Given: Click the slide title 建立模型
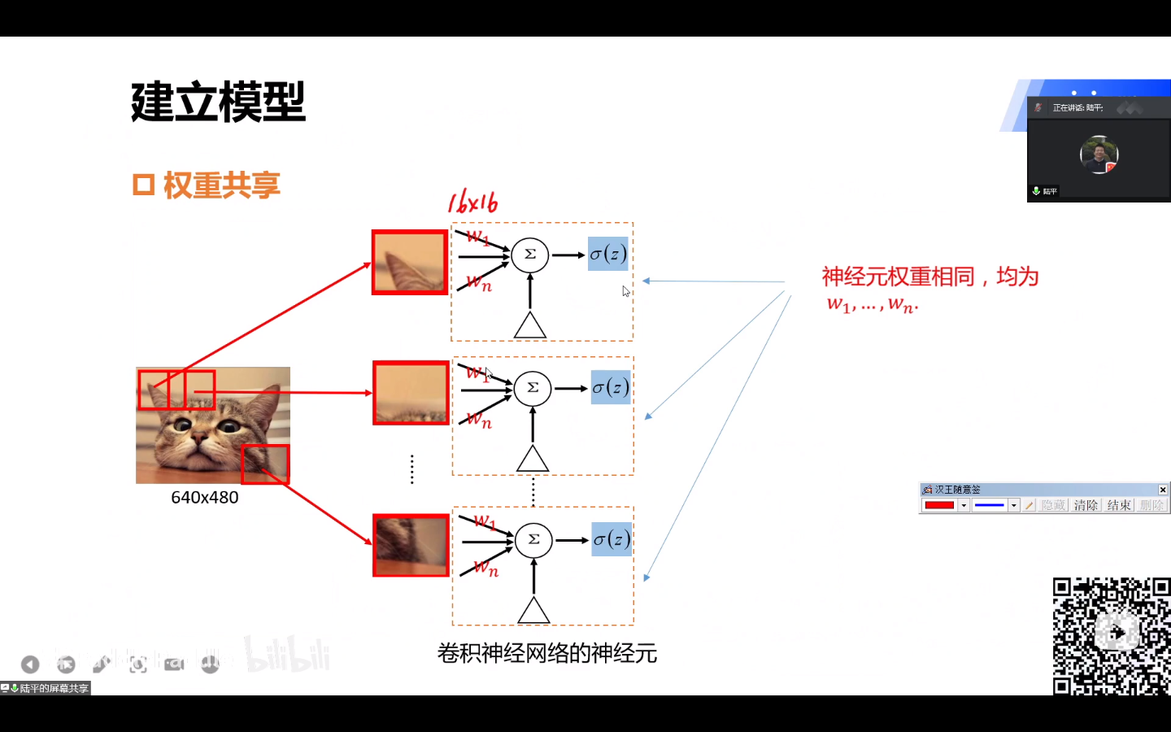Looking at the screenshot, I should (x=218, y=102).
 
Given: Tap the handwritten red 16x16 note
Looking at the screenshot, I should (x=472, y=203).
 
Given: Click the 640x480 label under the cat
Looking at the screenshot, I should (x=205, y=498).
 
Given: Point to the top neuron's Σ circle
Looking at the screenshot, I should (x=529, y=255).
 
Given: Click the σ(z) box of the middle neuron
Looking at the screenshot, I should (x=610, y=388).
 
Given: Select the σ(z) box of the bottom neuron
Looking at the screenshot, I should (x=611, y=539).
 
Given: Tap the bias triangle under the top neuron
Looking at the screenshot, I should (x=530, y=326).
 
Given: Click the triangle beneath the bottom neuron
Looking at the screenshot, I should (x=533, y=611).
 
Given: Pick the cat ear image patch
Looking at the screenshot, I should (x=410, y=263).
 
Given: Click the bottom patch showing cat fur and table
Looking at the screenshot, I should (x=411, y=545).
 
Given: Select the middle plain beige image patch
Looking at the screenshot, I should (x=411, y=393).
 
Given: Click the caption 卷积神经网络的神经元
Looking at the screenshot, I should (x=546, y=653).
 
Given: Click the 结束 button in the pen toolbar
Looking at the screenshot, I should (x=1119, y=505).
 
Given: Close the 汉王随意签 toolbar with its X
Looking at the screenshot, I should (x=1163, y=490).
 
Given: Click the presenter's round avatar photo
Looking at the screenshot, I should (x=1099, y=155).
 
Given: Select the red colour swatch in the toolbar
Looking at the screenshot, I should (x=939, y=505).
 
